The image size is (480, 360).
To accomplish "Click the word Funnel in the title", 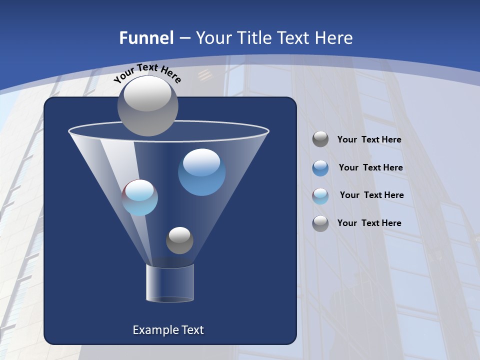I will (x=146, y=38).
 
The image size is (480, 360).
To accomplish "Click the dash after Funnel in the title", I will (x=184, y=38).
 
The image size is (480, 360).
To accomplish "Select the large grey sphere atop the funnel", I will (x=147, y=106).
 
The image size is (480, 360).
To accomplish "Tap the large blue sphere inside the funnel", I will (x=201, y=172).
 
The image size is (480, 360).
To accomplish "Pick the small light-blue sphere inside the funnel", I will (x=140, y=197).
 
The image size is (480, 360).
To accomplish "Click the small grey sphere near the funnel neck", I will (x=179, y=240).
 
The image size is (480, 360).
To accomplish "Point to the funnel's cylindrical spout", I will (x=170, y=283).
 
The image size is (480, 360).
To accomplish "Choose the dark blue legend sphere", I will (x=320, y=168).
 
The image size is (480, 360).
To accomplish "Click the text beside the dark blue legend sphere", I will (x=370, y=167).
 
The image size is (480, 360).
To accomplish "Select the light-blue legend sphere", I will (x=320, y=196).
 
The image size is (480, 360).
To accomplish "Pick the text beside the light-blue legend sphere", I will (x=371, y=195).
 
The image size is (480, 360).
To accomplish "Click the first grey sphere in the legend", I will (x=320, y=139).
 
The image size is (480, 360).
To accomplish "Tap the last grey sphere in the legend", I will (x=320, y=223).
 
